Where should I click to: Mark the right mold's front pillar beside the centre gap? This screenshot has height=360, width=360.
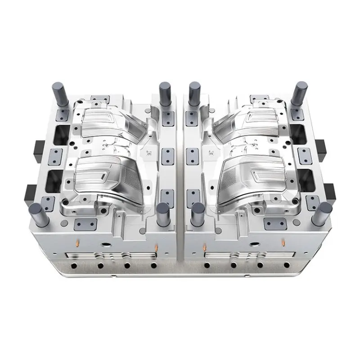[x=196, y=216]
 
